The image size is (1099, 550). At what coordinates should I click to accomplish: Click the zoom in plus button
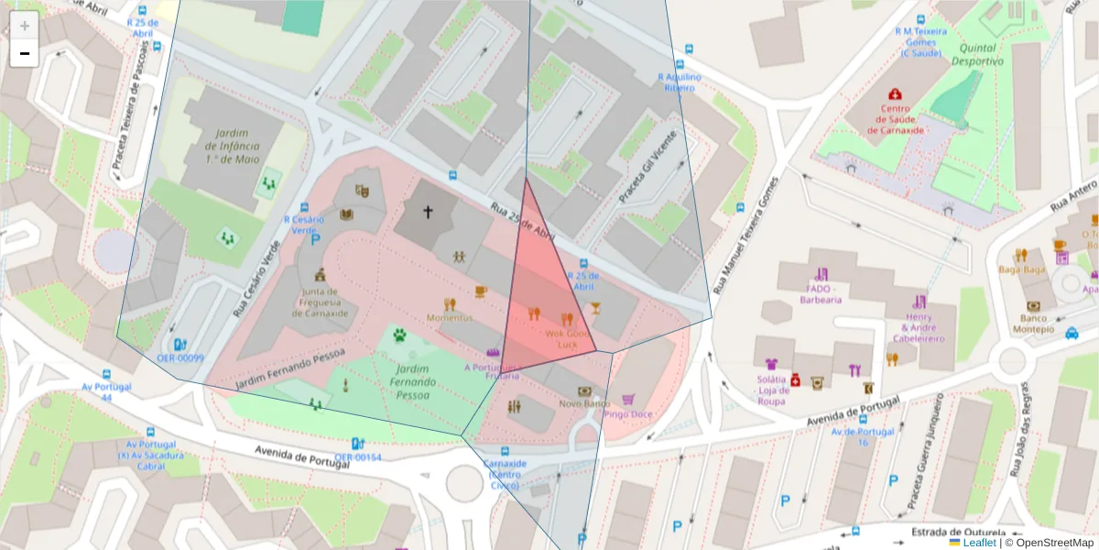tap(25, 26)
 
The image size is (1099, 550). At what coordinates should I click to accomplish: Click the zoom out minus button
tap(25, 53)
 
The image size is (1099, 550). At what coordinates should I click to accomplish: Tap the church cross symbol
tap(428, 212)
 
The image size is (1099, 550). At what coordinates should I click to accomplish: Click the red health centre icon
tap(895, 93)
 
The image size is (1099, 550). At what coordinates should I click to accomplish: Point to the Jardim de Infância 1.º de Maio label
tap(232, 146)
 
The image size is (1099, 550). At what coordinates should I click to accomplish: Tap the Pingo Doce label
tap(628, 413)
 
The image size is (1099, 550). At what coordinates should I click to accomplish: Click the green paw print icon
tap(399, 335)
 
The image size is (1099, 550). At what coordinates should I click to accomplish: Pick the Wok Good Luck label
tap(567, 338)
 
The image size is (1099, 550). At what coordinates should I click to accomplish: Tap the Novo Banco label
tap(584, 403)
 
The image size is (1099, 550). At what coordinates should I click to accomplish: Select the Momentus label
tap(450, 317)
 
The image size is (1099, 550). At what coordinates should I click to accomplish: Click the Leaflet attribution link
tap(979, 543)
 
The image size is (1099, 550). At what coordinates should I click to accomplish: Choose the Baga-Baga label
tap(1021, 269)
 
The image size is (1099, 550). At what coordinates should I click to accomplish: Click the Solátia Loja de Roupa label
tap(772, 390)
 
